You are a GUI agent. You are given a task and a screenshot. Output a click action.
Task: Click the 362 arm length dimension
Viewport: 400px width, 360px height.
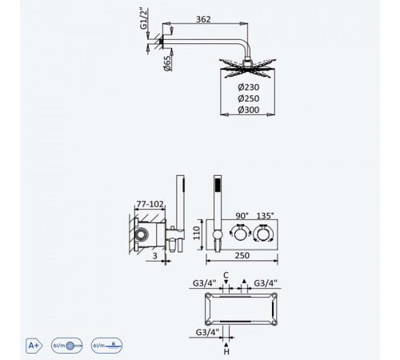[203, 19]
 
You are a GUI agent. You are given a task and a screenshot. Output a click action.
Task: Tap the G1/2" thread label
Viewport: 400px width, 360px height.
[143, 18]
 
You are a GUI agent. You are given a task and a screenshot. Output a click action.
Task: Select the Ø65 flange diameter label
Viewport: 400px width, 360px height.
[167, 63]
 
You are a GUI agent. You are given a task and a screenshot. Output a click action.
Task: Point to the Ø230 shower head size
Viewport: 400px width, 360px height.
[249, 87]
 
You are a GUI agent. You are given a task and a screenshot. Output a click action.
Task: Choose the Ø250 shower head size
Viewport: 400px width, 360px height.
[249, 98]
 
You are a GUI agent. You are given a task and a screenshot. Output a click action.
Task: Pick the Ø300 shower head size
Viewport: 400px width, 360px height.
[249, 110]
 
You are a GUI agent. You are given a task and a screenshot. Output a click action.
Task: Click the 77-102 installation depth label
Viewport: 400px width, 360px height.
[150, 204]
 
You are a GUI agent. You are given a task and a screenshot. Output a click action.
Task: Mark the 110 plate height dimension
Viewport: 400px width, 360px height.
[197, 233]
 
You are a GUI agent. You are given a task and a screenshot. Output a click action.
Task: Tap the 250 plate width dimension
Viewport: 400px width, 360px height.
[242, 255]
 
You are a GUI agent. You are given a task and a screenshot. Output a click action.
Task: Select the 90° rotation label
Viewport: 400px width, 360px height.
[242, 215]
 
